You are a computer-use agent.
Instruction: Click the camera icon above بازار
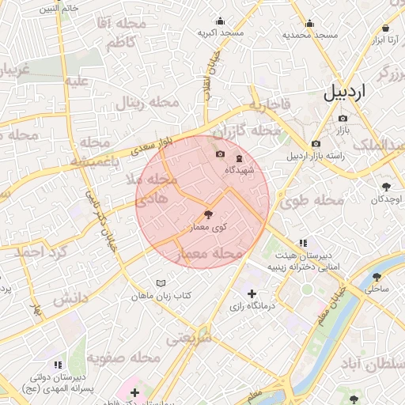pos(343,118)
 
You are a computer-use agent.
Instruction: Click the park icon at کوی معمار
pos(208,214)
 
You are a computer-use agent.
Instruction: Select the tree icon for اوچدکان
pos(386,187)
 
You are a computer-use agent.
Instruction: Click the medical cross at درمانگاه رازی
pos(252,294)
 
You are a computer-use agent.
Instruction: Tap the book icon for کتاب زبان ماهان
pos(161,283)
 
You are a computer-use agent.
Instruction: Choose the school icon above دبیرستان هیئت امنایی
pos(301,243)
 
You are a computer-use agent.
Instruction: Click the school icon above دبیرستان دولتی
pos(57,364)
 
